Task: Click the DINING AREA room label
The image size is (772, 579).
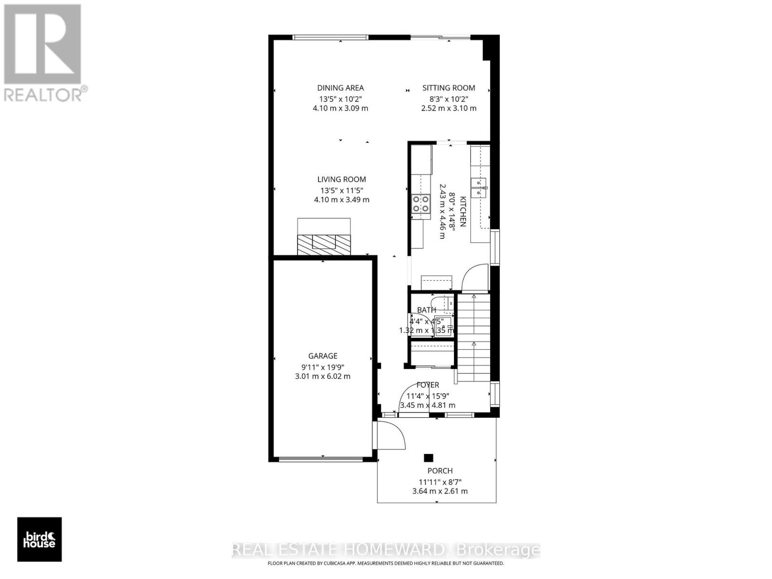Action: pos(340,88)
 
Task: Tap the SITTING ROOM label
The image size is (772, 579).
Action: pos(449,88)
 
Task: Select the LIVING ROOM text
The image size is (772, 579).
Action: pos(342,179)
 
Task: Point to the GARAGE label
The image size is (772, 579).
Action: pos(323,356)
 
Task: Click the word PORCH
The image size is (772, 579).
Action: pos(440,471)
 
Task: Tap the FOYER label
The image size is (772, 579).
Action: pos(427,385)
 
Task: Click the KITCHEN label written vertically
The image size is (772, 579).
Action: pos(462,211)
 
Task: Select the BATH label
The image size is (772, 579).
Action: pos(427,310)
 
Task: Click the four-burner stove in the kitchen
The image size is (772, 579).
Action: pos(421,204)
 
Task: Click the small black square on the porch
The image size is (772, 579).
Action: pos(428,458)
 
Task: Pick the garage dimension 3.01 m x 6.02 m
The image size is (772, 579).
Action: pos(323,376)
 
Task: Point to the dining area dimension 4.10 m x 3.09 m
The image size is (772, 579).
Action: pos(340,108)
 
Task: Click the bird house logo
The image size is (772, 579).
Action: pos(40,539)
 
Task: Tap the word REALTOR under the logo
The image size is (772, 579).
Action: pos(43,94)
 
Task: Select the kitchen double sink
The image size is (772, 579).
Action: pos(480,188)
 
